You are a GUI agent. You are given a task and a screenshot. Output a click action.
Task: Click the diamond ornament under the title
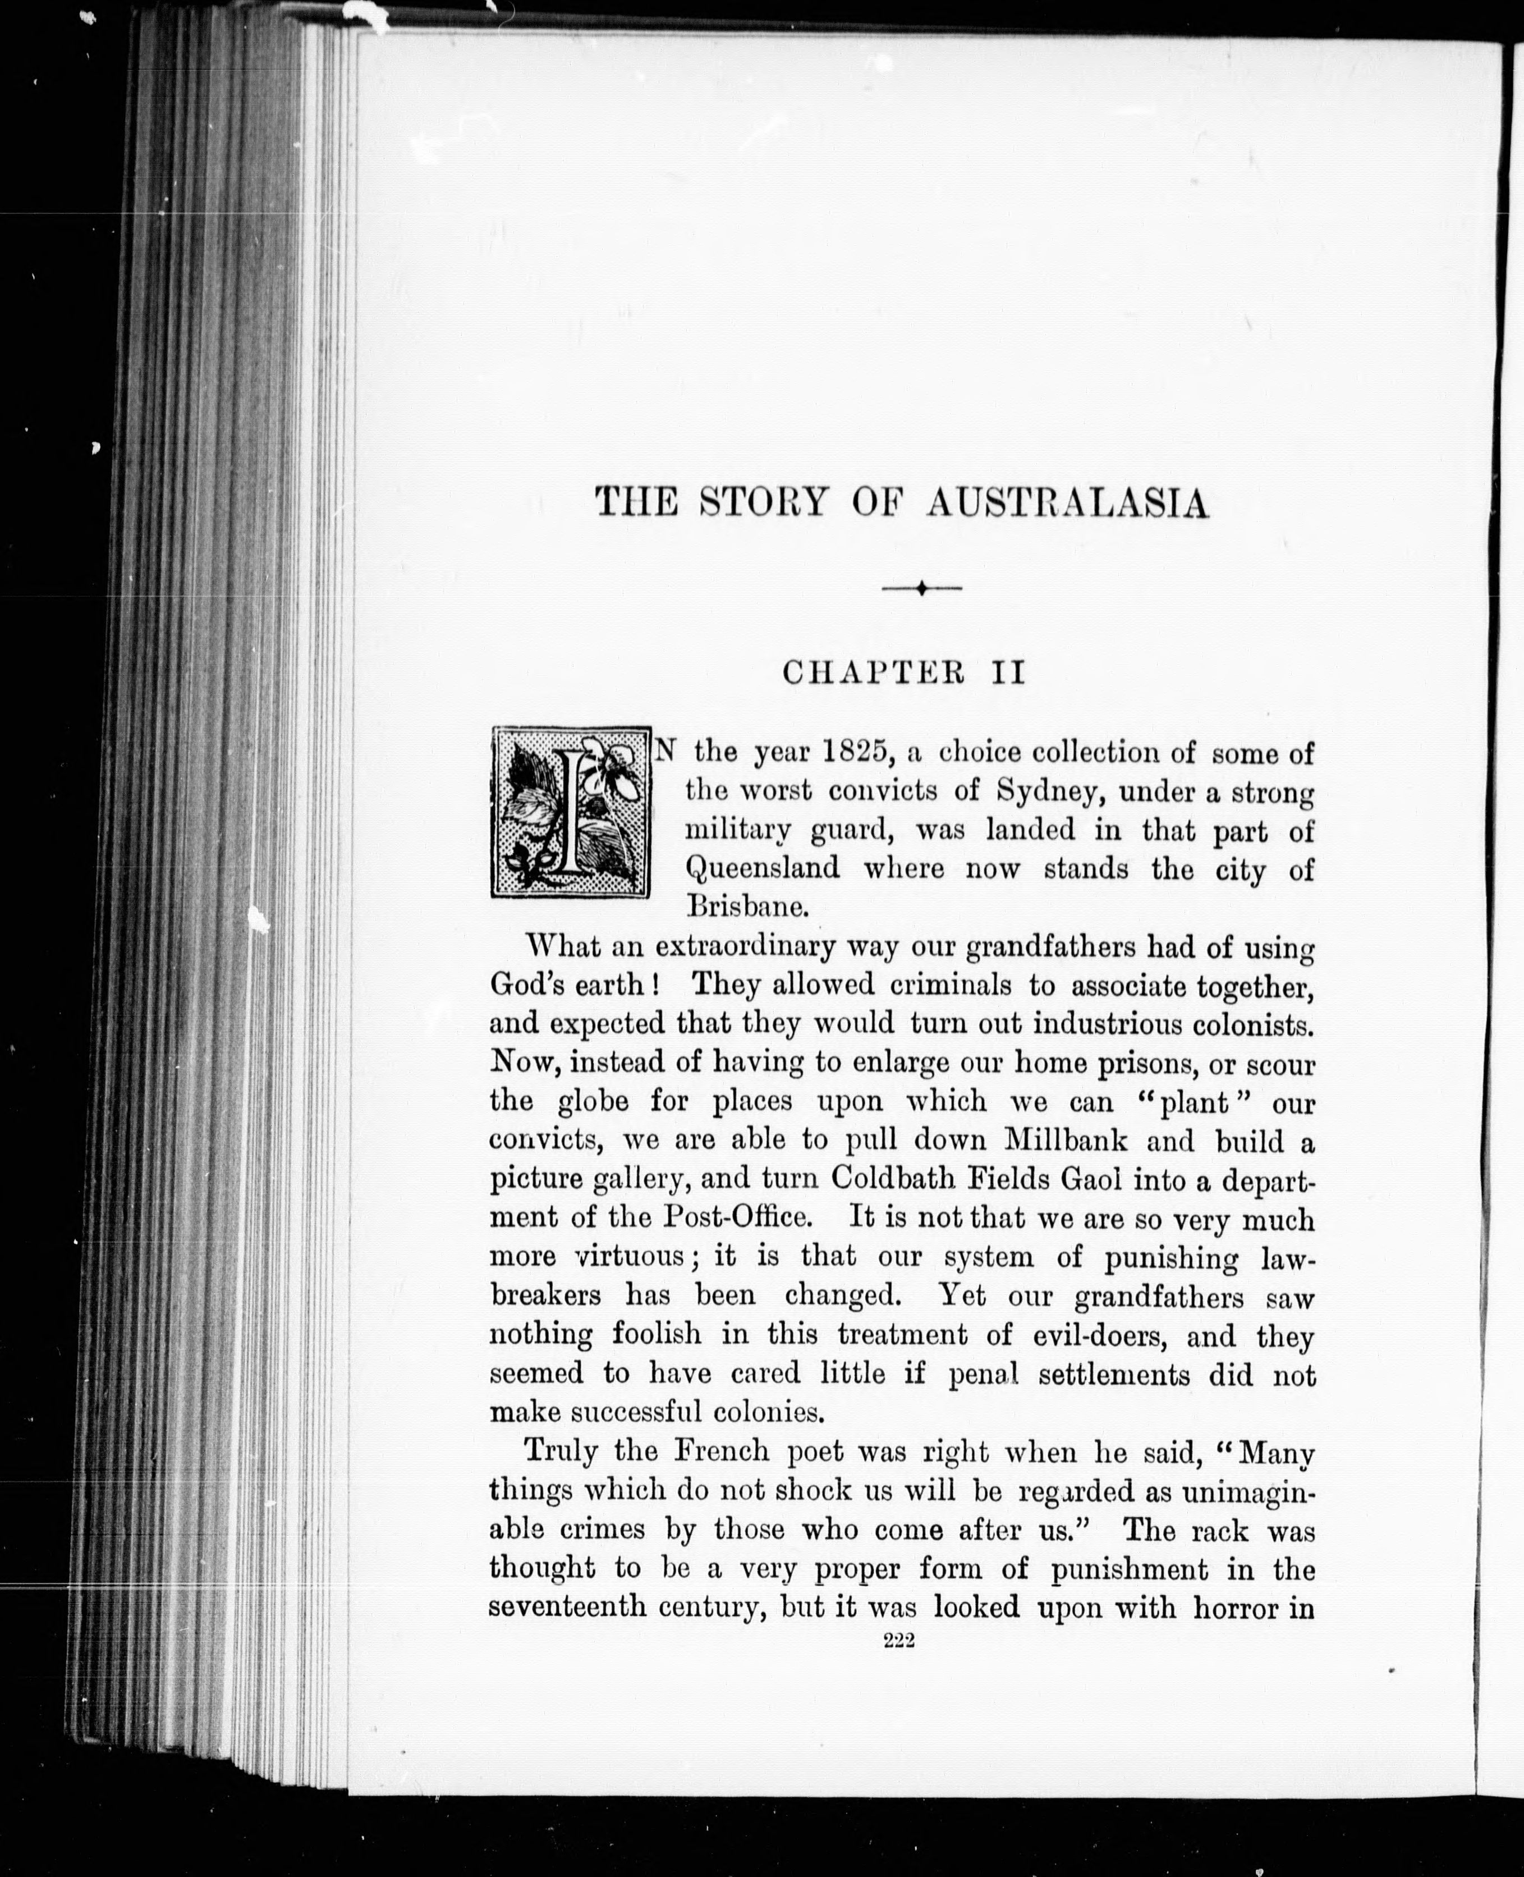coord(921,588)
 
